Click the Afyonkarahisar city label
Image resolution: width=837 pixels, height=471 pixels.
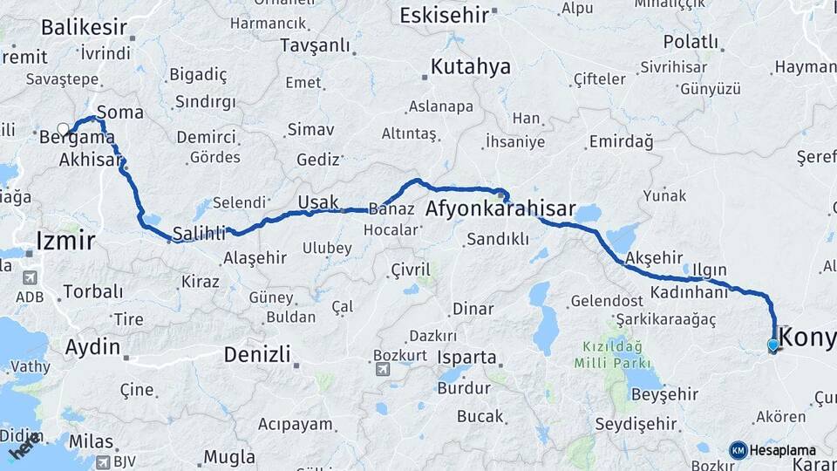(x=500, y=209)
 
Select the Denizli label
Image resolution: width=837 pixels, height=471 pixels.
(x=257, y=355)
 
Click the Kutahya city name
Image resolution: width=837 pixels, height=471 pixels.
(x=470, y=67)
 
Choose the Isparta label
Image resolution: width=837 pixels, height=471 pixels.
(x=467, y=358)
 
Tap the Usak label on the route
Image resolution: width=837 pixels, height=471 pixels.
(x=317, y=202)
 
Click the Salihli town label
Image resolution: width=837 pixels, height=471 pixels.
(x=199, y=233)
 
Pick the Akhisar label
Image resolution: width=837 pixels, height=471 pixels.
(x=91, y=160)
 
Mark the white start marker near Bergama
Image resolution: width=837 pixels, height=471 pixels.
(x=63, y=129)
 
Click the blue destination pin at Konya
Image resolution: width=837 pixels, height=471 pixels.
(x=772, y=345)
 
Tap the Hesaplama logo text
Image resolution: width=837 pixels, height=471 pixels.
(x=782, y=450)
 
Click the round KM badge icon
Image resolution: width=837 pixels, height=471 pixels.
(x=738, y=450)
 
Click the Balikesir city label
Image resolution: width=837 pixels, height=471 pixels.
(x=85, y=27)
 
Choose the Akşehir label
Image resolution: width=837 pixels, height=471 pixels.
(x=655, y=257)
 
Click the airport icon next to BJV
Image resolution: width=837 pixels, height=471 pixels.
(x=104, y=462)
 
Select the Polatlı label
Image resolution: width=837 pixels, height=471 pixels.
(x=691, y=41)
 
